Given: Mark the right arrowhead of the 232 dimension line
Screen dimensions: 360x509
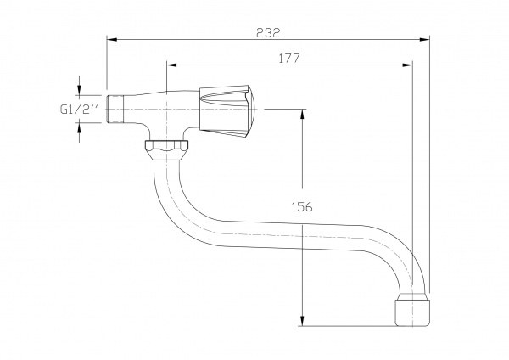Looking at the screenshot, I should tap(424, 39).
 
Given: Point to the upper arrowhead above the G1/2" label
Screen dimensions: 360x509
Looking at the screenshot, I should tap(80, 90).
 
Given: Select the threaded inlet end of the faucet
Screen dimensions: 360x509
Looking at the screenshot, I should tap(118, 108).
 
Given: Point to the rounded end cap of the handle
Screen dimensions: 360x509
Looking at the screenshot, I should tap(254, 109).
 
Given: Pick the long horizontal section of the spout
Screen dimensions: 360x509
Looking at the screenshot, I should tap(288, 236).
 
